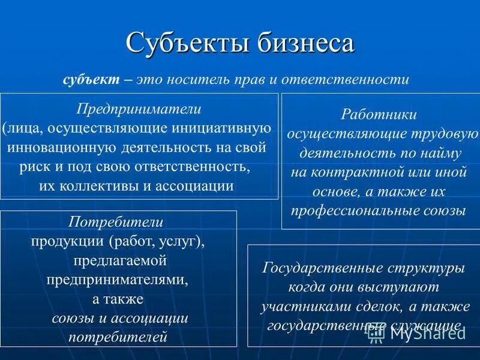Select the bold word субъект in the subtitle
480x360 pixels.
point(91,79)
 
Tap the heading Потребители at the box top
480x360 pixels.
point(116,222)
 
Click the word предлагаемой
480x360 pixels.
point(119,261)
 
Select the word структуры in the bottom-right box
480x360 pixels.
point(426,268)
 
